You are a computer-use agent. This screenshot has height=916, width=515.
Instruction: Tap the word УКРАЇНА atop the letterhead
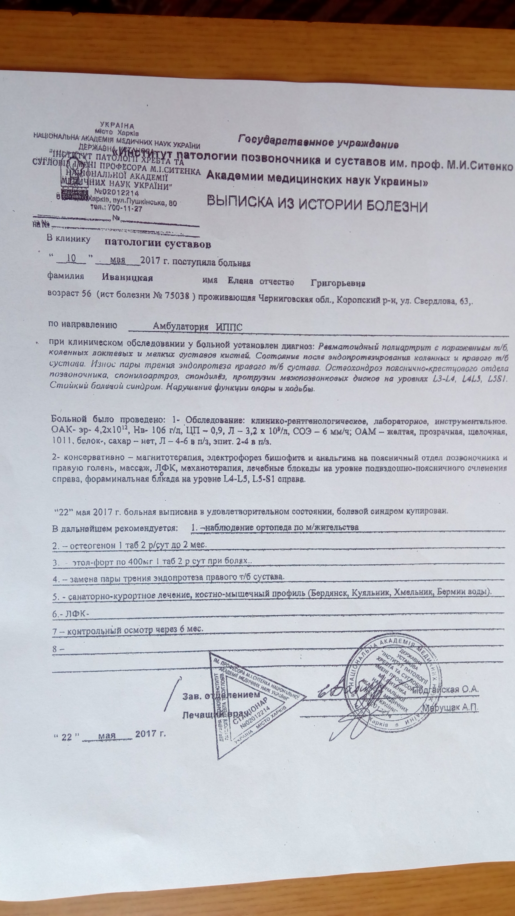click(117, 126)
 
